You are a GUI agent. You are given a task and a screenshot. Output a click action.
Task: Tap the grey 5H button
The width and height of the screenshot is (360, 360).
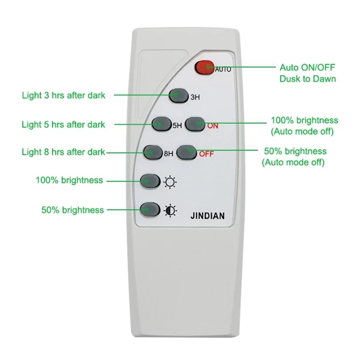coord(161,124)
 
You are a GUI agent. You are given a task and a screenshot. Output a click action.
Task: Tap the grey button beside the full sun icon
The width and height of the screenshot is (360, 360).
coord(150,181)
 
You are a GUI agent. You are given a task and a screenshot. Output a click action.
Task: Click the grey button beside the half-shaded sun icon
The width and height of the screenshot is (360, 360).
coord(150,209)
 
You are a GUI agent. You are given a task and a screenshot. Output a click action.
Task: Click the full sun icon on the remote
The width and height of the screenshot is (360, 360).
coord(170,182)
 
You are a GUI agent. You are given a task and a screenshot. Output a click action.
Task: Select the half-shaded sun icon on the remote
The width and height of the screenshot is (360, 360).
coord(170,210)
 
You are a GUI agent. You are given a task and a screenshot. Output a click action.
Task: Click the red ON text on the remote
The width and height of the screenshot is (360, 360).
coord(213,126)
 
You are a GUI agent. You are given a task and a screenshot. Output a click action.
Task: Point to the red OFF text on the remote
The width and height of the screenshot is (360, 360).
coord(206,155)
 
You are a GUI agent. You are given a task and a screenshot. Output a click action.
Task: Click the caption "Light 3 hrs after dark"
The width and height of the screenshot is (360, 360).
coord(63,95)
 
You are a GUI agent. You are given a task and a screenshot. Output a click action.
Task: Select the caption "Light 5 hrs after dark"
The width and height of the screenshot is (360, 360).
coord(63,125)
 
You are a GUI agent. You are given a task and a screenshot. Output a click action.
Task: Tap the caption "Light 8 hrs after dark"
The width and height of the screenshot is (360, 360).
coord(63,152)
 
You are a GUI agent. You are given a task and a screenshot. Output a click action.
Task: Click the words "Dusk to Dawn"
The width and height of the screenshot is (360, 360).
coord(307,78)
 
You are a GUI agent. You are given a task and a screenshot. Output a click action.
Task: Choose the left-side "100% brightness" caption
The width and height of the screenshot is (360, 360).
coord(69,180)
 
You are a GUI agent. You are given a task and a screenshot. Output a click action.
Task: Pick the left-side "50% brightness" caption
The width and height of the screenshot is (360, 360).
coord(72,210)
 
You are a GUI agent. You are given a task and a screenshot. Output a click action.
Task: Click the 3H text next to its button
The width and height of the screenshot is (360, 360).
coord(196,97)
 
